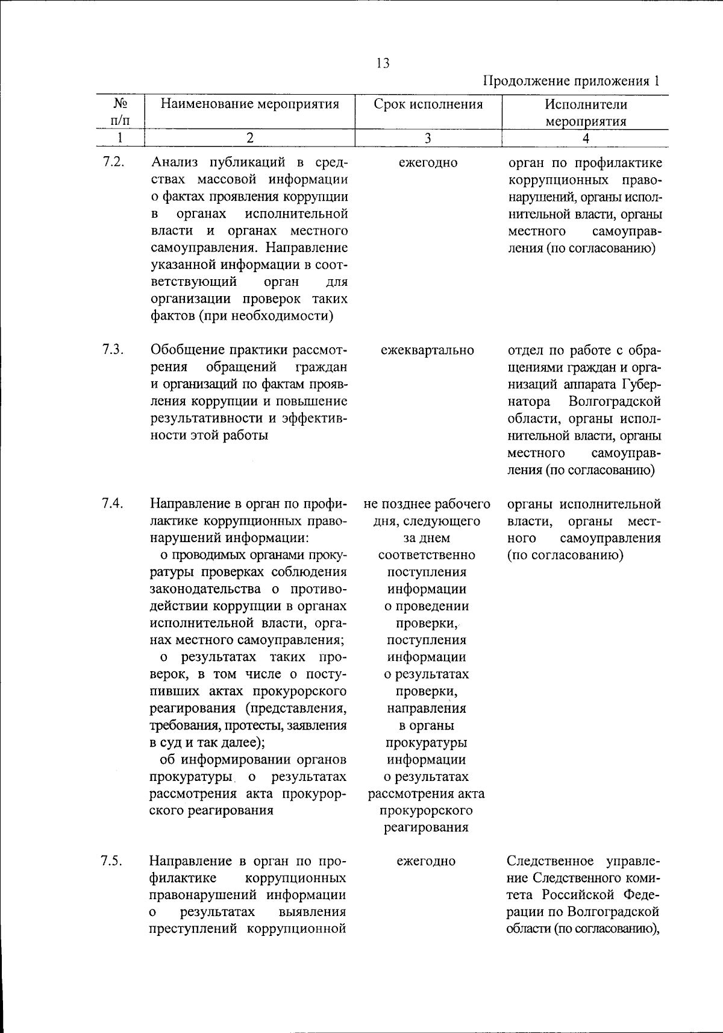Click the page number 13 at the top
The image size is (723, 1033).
pos(382,63)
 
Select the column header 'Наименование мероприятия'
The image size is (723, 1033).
pos(249,104)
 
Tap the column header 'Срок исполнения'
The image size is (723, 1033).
pos(428,104)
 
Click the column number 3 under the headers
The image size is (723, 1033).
pos(427,138)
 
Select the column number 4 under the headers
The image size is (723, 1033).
pos(585,138)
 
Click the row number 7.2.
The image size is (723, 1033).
pos(113,162)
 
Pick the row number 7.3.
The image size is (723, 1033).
pos(113,350)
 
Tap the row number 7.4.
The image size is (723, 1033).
pos(113,504)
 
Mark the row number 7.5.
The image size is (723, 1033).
pos(113,861)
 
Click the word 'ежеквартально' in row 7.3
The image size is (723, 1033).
pos(427,350)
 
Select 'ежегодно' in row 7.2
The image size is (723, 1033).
pos(427,163)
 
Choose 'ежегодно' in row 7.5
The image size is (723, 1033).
pos(426,861)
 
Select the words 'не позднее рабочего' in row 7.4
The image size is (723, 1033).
pos(427,504)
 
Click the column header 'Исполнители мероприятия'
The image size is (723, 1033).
pos(585,112)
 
